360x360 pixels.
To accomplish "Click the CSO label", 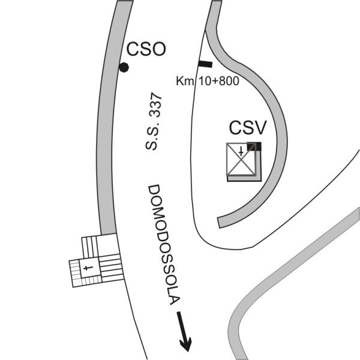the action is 146,49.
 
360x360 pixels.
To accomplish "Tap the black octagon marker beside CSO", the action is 124,67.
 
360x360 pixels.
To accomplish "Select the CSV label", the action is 248,128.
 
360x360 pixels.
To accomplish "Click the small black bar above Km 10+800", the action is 205,64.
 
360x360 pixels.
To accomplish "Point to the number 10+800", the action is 219,81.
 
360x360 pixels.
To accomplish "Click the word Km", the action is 185,81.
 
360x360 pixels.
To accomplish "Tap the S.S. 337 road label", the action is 154,121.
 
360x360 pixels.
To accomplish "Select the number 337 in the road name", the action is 156,106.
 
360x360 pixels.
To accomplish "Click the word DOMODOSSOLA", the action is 163,245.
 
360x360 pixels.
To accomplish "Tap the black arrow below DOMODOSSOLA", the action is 184,331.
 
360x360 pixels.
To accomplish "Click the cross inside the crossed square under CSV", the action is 241,152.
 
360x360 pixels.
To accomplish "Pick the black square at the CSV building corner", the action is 254,146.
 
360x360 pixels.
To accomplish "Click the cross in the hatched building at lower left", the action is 88,268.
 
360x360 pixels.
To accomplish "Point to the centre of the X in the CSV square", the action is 241,159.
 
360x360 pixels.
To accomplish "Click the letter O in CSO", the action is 158,49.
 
